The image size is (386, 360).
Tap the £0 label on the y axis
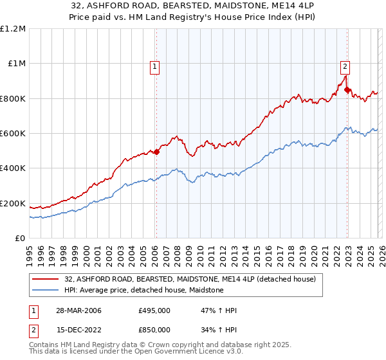tap(19, 239)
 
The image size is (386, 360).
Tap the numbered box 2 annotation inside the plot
tap(345, 65)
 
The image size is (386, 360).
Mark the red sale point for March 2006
tap(156, 152)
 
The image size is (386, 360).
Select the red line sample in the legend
tap(46, 280)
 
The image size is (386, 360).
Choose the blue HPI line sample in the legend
tap(46, 291)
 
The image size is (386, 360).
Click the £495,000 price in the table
tap(154, 310)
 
